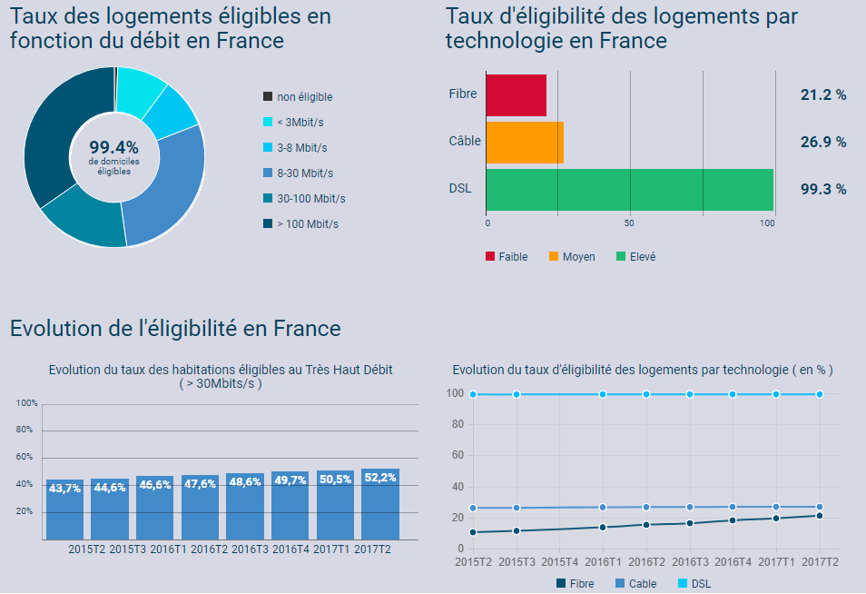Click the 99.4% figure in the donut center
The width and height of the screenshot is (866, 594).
point(113,147)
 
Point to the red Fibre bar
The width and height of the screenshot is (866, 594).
point(516,95)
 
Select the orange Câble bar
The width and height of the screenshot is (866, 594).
point(525,143)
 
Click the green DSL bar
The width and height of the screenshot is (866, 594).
point(629,189)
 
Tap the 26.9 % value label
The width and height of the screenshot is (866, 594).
point(822,143)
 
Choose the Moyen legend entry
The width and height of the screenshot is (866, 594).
point(578,257)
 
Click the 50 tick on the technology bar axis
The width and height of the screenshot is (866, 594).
point(629,223)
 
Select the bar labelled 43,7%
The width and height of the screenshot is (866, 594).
point(64,509)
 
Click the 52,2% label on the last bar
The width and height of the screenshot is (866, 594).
point(380,479)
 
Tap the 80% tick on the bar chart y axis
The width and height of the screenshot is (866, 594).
point(25,430)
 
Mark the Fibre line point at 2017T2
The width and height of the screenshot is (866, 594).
point(820,516)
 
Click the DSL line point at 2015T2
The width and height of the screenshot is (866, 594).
point(473,394)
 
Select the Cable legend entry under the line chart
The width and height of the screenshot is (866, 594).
point(636,584)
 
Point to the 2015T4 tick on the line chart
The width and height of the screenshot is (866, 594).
point(560,562)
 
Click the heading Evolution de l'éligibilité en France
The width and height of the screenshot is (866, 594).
point(175,329)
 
